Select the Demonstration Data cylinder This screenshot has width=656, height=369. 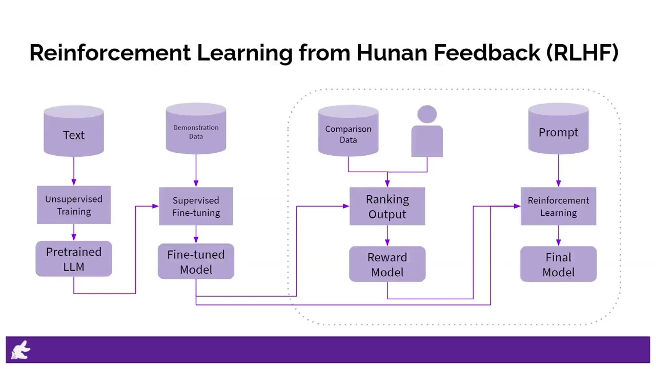[196, 131]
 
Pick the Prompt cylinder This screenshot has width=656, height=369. [558, 130]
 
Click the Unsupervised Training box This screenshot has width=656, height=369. [74, 205]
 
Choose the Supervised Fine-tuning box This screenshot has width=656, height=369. [196, 206]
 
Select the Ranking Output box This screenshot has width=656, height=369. [387, 206]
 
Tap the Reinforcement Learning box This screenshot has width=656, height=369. [558, 206]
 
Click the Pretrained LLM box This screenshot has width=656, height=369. [74, 259]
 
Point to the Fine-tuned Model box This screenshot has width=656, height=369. [196, 261]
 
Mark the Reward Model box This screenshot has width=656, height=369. [387, 264]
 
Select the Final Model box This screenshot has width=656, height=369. [558, 264]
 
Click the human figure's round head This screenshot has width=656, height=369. [427, 114]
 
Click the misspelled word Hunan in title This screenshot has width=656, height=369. [392, 53]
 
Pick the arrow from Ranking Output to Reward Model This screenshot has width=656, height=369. [387, 236]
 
